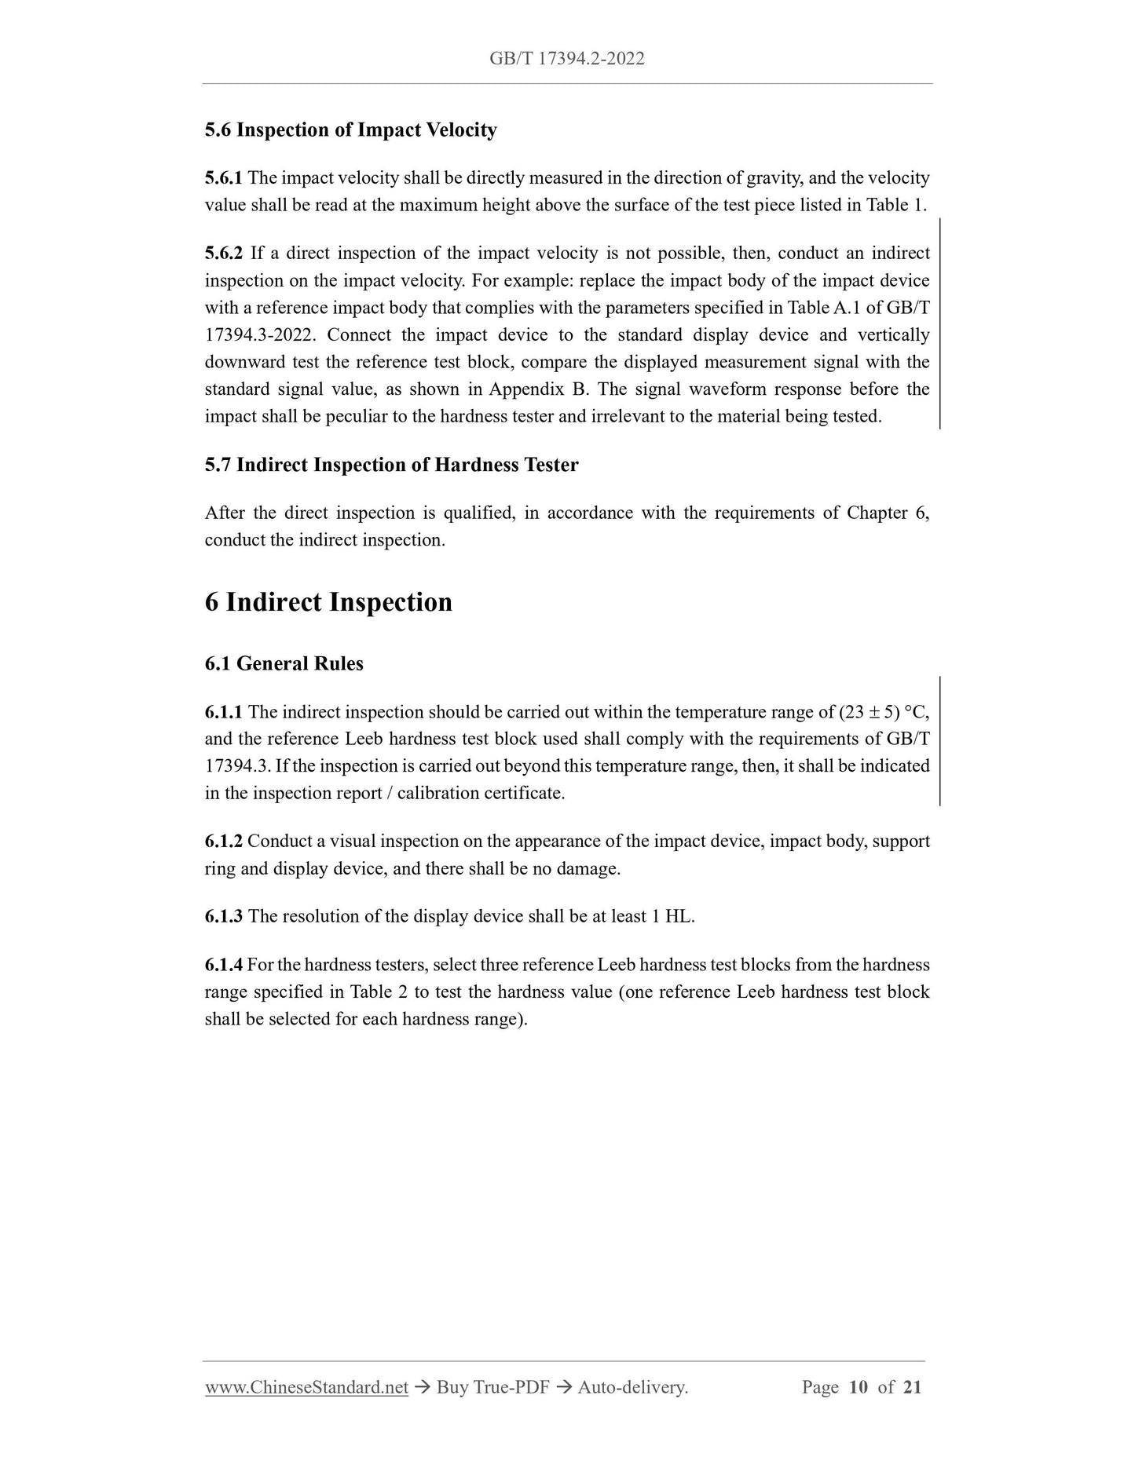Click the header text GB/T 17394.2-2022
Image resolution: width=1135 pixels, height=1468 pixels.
click(x=566, y=58)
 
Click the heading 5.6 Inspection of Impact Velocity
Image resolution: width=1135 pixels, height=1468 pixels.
click(x=350, y=130)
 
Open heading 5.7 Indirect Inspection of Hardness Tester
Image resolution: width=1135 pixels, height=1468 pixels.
click(x=391, y=465)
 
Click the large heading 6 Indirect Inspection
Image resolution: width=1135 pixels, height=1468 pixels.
click(x=328, y=602)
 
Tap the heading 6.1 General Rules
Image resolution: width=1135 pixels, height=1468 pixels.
click(x=284, y=663)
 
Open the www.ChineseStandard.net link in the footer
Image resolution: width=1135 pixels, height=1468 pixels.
click(x=306, y=1387)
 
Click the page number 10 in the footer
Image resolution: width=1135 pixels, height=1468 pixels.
click(x=858, y=1387)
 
